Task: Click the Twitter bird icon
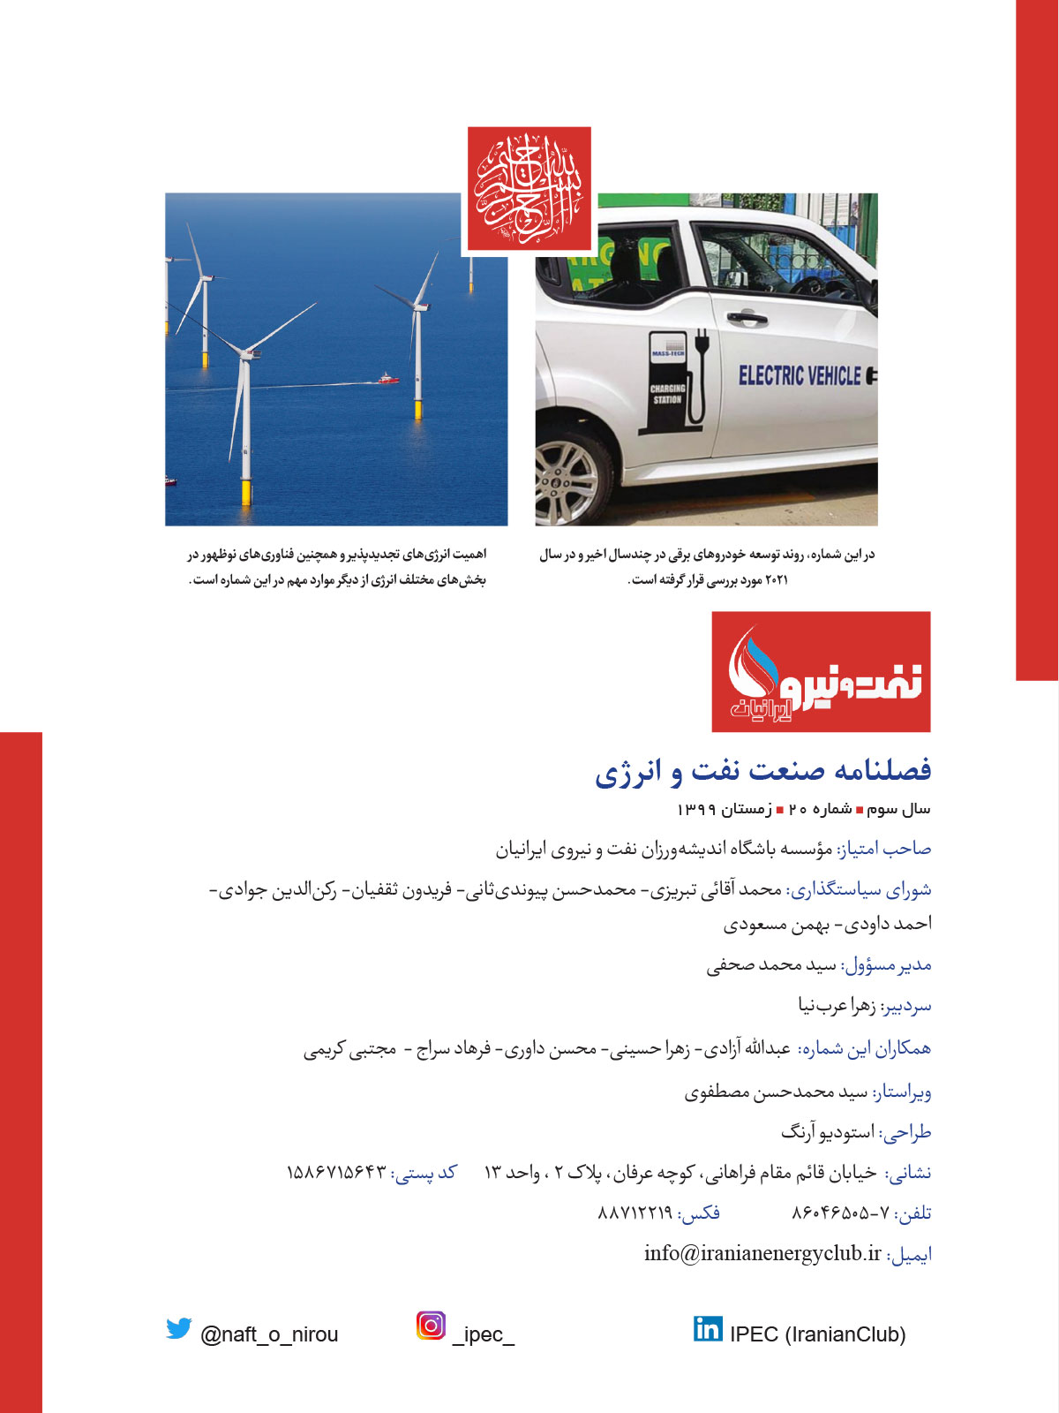pos(179,1328)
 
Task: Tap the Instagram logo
pos(431,1326)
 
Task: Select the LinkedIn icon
pos(707,1328)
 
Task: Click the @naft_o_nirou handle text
pos(269,1334)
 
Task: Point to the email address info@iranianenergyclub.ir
pos(762,1253)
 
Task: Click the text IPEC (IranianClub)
pos(817,1334)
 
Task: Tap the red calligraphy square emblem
pos(529,189)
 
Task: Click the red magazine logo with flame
pos(821,671)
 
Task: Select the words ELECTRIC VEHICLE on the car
pos(800,376)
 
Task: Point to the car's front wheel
pos(567,481)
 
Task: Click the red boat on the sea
pos(388,378)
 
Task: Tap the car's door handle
pos(747,316)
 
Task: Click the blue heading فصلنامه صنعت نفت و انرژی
pos(762,770)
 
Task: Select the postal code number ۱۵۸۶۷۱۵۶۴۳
pos(336,1173)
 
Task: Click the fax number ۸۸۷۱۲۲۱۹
pos(635,1213)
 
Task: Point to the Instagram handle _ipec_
pos(483,1334)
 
